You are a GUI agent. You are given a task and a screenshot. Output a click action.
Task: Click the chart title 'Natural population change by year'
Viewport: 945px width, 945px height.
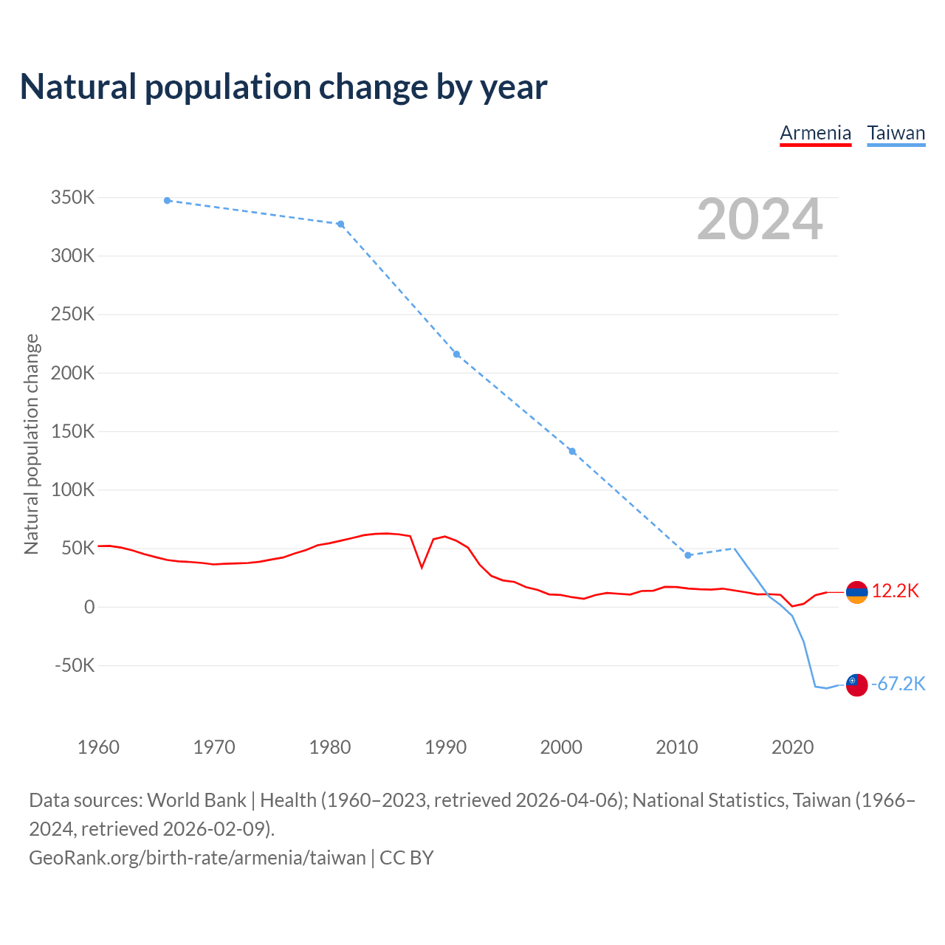[x=283, y=87]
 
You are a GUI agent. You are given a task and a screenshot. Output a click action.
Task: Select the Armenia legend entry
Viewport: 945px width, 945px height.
[x=815, y=133]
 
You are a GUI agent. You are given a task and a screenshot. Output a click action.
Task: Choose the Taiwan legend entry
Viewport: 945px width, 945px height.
[x=896, y=133]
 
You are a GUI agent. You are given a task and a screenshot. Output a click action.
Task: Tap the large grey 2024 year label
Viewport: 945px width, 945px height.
[x=759, y=219]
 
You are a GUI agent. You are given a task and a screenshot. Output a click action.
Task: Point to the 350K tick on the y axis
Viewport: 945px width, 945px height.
[x=72, y=198]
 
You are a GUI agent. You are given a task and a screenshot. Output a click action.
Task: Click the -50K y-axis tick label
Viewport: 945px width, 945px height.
[x=75, y=665]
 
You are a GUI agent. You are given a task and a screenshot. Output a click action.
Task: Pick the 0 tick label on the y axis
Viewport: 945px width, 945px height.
[x=89, y=607]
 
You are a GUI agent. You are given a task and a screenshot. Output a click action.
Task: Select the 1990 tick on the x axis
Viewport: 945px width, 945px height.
[x=445, y=747]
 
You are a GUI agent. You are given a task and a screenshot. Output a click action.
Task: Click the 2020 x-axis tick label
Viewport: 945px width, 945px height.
[x=792, y=747]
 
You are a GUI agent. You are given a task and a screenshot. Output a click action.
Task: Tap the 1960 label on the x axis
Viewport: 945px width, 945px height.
[x=98, y=747]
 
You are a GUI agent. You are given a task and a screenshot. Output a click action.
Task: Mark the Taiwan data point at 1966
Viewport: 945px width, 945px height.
[x=168, y=200]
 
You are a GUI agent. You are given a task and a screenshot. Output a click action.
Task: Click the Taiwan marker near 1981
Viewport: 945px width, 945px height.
[x=340, y=224]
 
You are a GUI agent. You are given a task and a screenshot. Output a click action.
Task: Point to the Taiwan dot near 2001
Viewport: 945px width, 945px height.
[x=572, y=451]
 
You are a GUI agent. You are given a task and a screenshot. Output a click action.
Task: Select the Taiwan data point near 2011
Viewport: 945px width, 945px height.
[x=688, y=555]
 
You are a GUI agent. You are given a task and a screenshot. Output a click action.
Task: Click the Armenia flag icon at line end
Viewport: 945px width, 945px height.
[x=856, y=592]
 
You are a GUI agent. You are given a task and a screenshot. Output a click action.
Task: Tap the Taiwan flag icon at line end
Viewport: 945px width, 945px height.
[x=856, y=685]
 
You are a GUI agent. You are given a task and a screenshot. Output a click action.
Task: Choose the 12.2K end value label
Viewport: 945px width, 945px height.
[x=895, y=591]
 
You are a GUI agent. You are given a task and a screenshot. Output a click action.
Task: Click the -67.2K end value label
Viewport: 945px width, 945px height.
[x=898, y=684]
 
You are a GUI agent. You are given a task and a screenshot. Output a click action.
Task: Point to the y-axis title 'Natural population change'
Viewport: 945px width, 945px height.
[x=32, y=444]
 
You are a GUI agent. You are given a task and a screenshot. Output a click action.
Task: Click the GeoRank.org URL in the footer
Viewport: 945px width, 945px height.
[x=197, y=858]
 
